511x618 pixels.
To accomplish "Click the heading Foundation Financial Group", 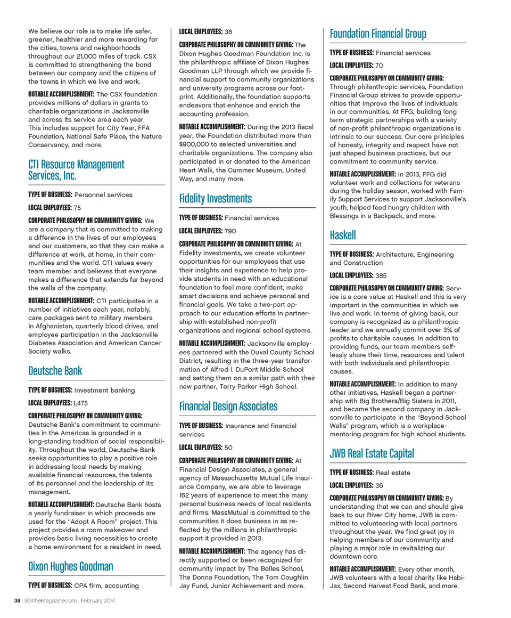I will coord(378,34).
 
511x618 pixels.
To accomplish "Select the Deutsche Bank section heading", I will coord(55,371).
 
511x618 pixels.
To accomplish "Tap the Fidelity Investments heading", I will coord(216,199).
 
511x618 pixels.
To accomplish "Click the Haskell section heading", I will coord(343,235).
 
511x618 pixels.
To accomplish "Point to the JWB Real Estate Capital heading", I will coord(372,454).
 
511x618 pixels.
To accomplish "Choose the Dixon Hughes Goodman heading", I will coord(71,566).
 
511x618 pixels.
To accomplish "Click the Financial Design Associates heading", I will coord(228,406).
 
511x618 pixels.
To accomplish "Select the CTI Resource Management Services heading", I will coord(76,170).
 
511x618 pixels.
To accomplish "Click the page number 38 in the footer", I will coord(18,601).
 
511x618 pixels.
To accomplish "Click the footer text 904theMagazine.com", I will coord(54,601).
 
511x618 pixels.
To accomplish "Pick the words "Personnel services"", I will coord(103,195).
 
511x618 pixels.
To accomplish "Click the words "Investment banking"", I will coord(104,391).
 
